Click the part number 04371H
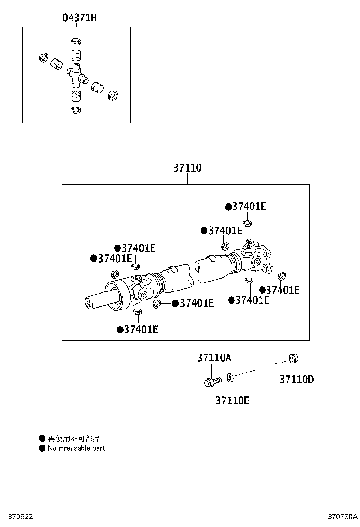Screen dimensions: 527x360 (80, 18)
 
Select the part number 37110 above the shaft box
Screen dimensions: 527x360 (187, 168)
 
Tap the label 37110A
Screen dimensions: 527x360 (214, 358)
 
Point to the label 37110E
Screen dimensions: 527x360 (233, 400)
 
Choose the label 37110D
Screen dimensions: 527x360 (297, 379)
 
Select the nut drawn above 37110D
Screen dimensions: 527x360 (293, 359)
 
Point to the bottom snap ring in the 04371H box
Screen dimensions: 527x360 (75, 110)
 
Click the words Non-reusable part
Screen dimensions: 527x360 (76, 448)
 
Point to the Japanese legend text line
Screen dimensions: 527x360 (74, 439)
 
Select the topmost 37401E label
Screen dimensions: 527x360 (249, 207)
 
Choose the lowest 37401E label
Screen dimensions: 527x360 (141, 329)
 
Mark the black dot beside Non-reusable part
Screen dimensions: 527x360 (42, 448)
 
